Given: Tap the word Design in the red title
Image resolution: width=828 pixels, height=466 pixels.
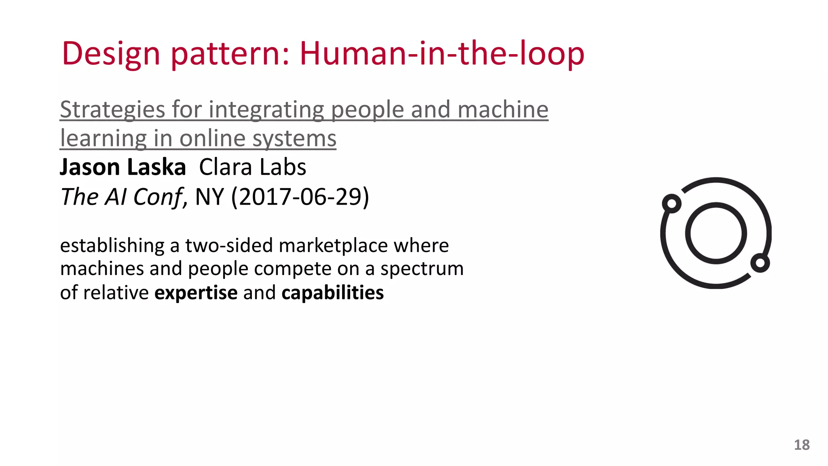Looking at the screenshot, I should pos(111,54).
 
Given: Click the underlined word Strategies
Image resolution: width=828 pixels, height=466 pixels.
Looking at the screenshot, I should pos(112,110).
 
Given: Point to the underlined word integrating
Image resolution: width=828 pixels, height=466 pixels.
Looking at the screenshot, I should pos(266,110).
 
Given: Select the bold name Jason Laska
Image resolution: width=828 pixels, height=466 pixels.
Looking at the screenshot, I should pos(123,167).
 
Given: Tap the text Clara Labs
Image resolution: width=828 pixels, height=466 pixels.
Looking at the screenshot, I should pos(253,167).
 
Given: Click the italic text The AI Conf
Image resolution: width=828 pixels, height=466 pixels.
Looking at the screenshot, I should pos(122,197).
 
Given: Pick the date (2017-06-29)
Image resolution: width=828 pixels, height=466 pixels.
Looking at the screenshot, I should pos(300,197).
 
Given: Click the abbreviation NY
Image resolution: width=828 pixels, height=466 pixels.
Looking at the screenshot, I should pos(209,197).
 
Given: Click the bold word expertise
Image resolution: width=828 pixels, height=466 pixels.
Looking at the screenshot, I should pos(196,292).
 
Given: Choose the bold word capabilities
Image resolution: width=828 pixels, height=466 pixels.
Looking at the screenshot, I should pos(332,292).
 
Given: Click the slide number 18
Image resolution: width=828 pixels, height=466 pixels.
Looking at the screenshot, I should pos(802,445).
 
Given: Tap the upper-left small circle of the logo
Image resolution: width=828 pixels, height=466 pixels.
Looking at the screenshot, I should pos(672,203).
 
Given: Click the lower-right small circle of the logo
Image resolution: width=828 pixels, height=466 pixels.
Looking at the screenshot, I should pos(760,263).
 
